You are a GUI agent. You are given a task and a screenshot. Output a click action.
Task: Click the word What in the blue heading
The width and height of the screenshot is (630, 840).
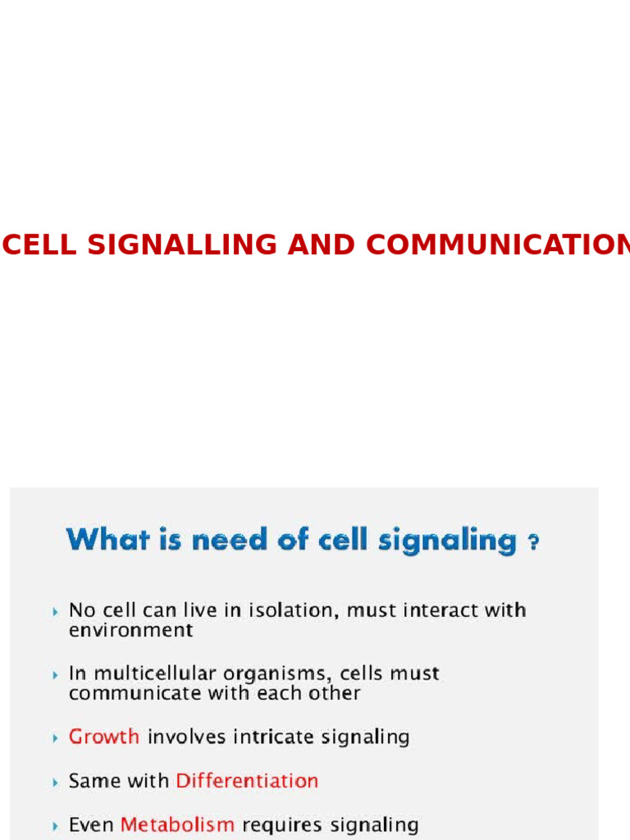pos(105,540)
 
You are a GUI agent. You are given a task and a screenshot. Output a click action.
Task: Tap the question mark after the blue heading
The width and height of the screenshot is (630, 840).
pos(533,543)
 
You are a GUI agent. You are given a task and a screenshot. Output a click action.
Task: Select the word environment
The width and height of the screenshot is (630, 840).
pos(130,631)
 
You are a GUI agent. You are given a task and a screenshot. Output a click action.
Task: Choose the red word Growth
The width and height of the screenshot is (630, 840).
pos(103,737)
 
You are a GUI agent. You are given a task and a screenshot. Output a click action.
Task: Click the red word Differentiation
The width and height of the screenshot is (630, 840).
pos(247,780)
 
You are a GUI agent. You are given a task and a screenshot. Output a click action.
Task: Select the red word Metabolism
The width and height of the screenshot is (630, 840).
pos(177,824)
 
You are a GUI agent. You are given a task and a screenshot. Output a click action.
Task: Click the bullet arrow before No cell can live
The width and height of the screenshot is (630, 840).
pos(55,611)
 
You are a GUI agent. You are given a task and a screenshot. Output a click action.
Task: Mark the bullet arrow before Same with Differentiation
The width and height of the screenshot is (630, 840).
pos(55,781)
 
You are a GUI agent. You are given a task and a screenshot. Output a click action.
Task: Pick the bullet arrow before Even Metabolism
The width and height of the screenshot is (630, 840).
pos(55,825)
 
